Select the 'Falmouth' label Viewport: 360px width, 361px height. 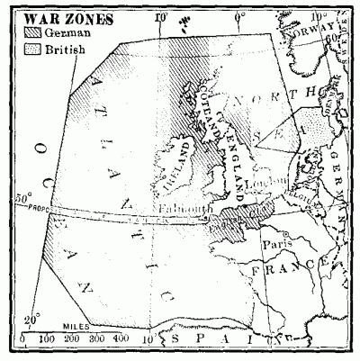pyautogui.click(x=183, y=207)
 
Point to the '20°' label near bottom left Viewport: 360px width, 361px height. pyautogui.click(x=30, y=318)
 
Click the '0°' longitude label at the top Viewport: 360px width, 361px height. pyautogui.click(x=240, y=16)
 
